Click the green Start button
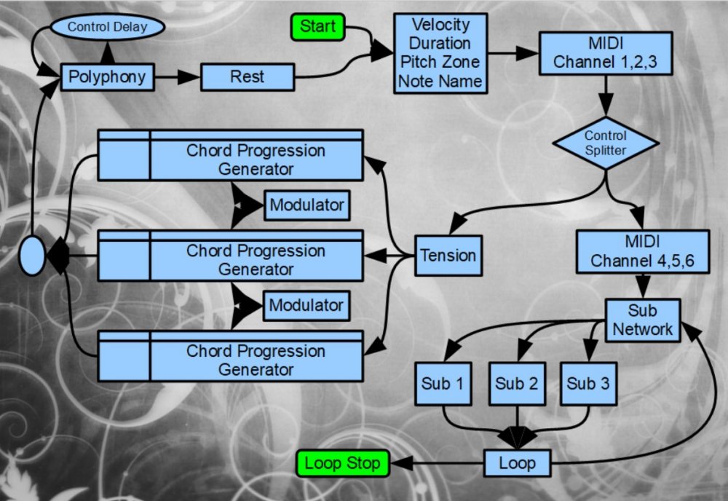pyautogui.click(x=318, y=27)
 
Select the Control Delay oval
pyautogui.click(x=107, y=28)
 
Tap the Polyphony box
pyautogui.click(x=107, y=76)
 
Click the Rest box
pyautogui.click(x=248, y=76)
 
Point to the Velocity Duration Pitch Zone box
pyautogui.click(x=440, y=53)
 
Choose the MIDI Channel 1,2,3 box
pyautogui.click(x=605, y=52)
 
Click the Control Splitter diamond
pyautogui.click(x=606, y=143)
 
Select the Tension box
pyautogui.click(x=448, y=256)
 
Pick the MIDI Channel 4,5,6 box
pyautogui.click(x=642, y=251)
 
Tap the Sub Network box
pyautogui.click(x=643, y=320)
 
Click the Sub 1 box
pyautogui.click(x=443, y=383)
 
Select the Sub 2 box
pyautogui.click(x=516, y=383)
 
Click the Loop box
pyautogui.click(x=518, y=462)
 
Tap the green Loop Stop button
pyautogui.click(x=343, y=462)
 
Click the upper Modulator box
pyautogui.click(x=306, y=205)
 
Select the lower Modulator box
pyautogui.click(x=306, y=305)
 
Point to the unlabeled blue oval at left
pyautogui.click(x=33, y=256)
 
